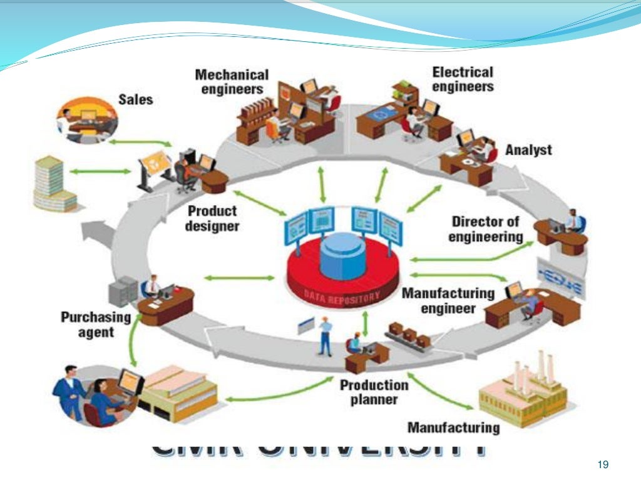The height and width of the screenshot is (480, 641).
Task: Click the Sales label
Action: (135, 99)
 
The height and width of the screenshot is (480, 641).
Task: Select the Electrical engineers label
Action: (463, 79)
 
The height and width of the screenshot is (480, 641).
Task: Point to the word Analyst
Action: (528, 150)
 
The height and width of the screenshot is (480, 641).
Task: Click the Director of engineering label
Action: (486, 229)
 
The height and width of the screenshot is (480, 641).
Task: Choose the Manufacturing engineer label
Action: (448, 301)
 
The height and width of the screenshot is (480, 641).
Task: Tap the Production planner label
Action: (374, 392)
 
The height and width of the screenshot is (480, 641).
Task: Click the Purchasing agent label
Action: (96, 324)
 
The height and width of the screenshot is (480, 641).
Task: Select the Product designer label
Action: (212, 219)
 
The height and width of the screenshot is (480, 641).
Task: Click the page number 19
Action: (603, 464)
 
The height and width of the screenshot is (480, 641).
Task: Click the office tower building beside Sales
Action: (54, 184)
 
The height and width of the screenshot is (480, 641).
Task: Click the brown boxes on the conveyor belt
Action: (409, 336)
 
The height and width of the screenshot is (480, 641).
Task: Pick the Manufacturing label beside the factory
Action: (453, 427)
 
